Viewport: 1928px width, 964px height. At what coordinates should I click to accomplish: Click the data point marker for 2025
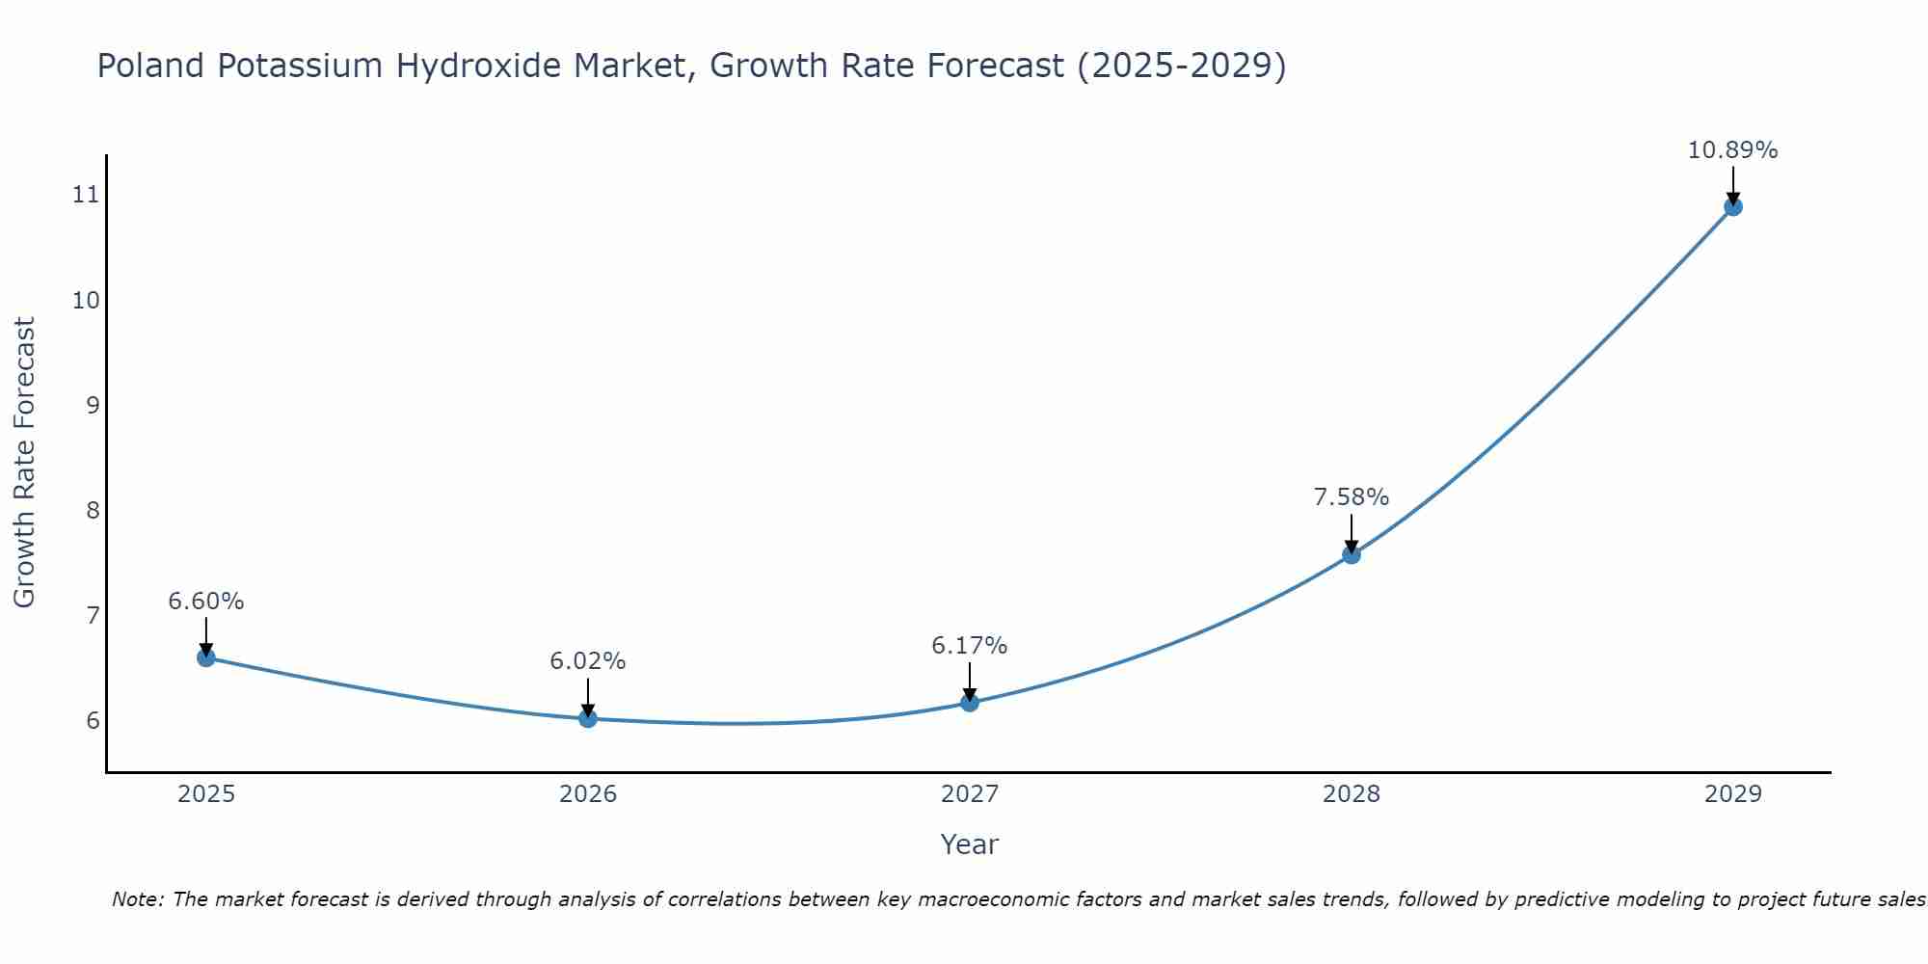tap(205, 657)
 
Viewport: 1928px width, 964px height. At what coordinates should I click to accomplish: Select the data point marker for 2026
tap(588, 718)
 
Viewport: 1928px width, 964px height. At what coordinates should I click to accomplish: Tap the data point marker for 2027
tap(970, 703)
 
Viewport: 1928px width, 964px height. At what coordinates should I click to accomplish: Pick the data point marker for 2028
tap(1352, 554)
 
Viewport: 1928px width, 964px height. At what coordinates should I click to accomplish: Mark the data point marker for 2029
tap(1732, 206)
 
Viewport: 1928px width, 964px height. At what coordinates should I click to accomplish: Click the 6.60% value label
tap(205, 602)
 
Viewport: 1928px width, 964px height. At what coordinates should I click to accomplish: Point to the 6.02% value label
tap(588, 661)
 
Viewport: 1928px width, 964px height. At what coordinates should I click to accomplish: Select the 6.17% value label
tap(970, 646)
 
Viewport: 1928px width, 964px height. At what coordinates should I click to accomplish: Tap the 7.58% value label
tap(1352, 497)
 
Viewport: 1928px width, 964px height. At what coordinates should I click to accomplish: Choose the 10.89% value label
tap(1732, 150)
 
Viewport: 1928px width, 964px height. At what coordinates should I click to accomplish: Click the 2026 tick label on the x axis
tap(588, 794)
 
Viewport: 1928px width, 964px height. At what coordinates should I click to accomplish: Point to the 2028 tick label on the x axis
tap(1352, 794)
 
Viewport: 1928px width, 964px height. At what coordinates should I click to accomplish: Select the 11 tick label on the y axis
tap(86, 195)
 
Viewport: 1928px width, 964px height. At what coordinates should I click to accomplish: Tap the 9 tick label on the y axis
tap(93, 405)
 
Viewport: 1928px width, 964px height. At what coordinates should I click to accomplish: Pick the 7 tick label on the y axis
tap(93, 615)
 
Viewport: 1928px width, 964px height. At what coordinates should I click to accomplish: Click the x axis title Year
tap(969, 844)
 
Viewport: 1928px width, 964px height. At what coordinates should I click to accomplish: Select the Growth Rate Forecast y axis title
tap(24, 463)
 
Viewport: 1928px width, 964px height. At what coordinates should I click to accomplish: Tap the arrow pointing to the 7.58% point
tap(1352, 532)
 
